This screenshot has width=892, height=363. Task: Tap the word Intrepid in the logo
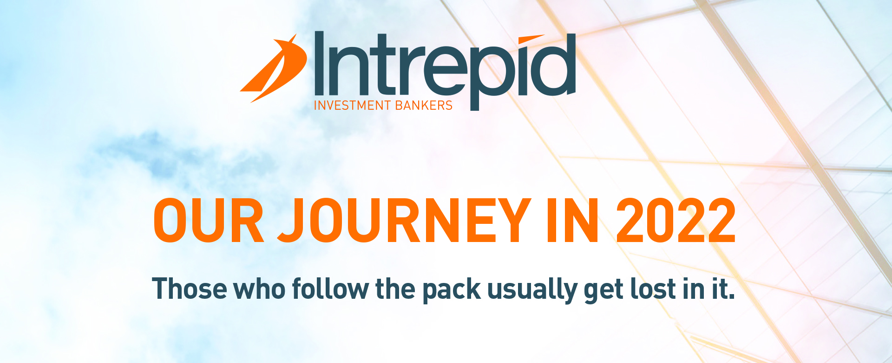pyautogui.click(x=445, y=65)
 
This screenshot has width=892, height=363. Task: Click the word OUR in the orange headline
pyautogui.click(x=209, y=221)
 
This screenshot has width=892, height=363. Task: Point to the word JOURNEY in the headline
pyautogui.click(x=404, y=221)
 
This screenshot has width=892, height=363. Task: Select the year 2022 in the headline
pyautogui.click(x=676, y=221)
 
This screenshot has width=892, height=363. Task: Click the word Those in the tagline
pyautogui.click(x=190, y=289)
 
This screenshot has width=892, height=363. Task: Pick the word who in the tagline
pyautogui.click(x=259, y=289)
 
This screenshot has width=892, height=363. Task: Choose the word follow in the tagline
pyautogui.click(x=330, y=289)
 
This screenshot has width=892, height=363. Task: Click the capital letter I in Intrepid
pyautogui.click(x=319, y=63)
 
